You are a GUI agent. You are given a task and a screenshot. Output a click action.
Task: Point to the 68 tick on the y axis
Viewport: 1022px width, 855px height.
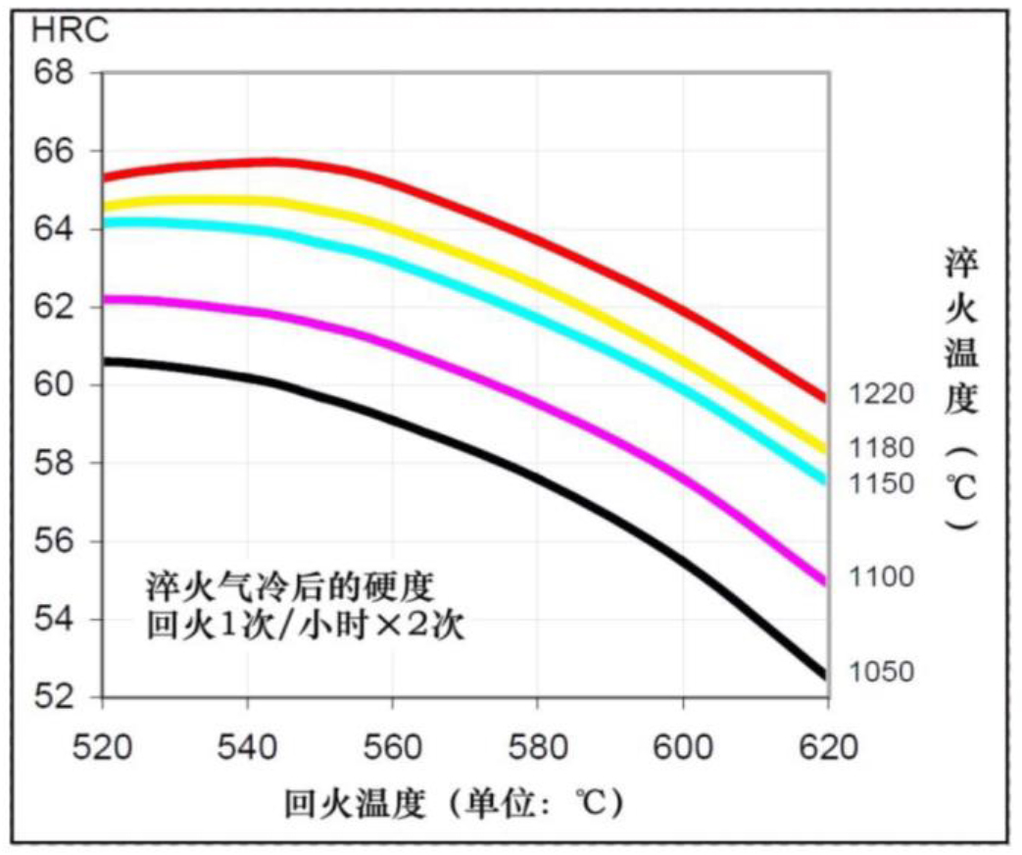(54, 73)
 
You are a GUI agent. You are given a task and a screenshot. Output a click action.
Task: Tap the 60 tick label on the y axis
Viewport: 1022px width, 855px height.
(54, 385)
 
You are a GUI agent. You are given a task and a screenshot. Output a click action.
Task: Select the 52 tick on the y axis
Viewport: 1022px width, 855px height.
(54, 697)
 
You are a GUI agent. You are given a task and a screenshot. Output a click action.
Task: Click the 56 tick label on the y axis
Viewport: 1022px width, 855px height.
(54, 541)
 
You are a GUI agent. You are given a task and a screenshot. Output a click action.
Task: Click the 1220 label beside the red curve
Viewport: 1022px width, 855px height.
(882, 395)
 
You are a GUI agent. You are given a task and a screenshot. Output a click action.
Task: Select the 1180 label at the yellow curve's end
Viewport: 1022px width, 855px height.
(882, 448)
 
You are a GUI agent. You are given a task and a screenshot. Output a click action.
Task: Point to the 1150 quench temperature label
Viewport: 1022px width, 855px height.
(882, 483)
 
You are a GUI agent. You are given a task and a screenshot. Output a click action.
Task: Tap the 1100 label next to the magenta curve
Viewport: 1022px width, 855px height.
(882, 577)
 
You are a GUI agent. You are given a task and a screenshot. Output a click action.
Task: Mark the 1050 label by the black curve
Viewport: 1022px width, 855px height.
(882, 673)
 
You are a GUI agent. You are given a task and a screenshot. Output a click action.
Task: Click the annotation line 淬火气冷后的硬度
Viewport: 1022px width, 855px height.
(283, 588)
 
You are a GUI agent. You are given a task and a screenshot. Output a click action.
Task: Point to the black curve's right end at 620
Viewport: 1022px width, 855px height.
(826, 675)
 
